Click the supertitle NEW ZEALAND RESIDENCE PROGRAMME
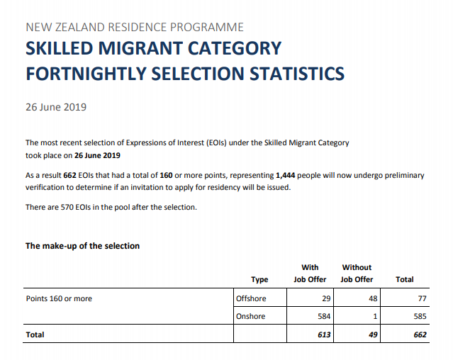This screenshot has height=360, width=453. (x=135, y=28)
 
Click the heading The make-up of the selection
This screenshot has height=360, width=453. (x=82, y=246)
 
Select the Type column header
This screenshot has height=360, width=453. (x=259, y=279)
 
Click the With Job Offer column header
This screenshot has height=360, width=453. (x=310, y=274)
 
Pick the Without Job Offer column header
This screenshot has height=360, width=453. (x=357, y=274)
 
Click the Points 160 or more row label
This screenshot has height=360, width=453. (x=59, y=298)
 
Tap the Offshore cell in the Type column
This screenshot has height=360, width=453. (x=250, y=298)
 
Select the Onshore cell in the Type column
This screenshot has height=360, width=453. (x=250, y=316)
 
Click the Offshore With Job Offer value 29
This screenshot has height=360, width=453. (x=326, y=298)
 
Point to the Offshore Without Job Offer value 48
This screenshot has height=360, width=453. (x=372, y=298)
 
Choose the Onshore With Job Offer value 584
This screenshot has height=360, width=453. (x=323, y=316)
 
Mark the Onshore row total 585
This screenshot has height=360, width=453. (x=420, y=316)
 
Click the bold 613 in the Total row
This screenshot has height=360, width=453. (x=323, y=334)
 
